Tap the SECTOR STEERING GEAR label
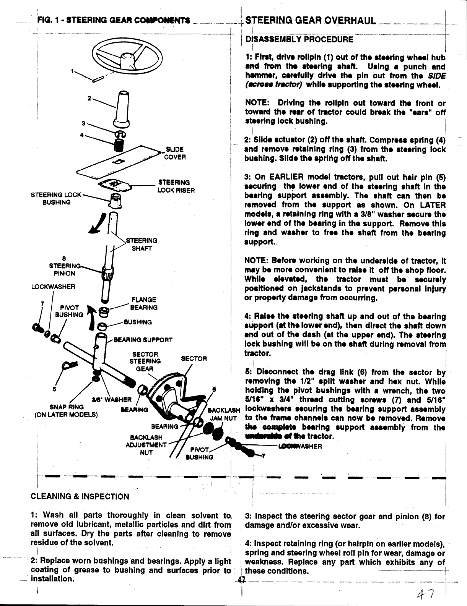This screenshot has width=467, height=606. [145, 361]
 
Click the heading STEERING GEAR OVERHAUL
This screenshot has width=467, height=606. [310, 20]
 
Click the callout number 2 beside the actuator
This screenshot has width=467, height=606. [89, 98]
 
